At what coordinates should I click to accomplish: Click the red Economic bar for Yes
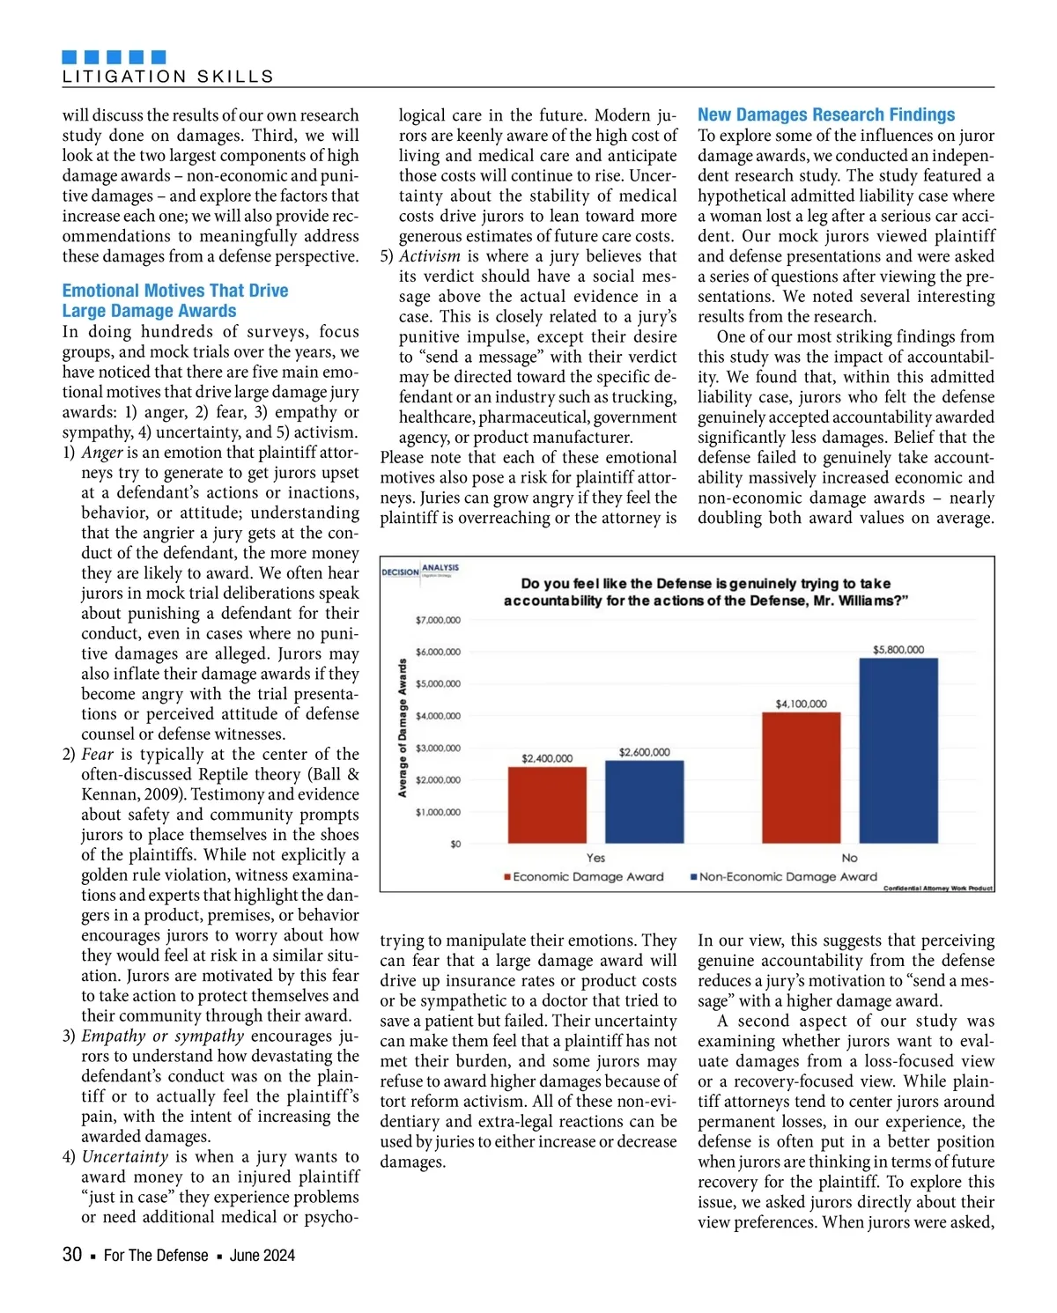click(547, 805)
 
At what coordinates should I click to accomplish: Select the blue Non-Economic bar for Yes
click(644, 801)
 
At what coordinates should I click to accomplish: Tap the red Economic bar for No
click(801, 778)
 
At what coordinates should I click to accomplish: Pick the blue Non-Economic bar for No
click(898, 750)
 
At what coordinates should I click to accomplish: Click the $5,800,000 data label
click(898, 650)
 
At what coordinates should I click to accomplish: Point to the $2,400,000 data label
click(547, 758)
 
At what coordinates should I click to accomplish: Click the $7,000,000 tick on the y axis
click(438, 620)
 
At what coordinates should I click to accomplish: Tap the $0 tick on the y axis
click(455, 844)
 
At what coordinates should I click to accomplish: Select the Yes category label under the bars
click(595, 858)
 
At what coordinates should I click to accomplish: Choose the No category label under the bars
click(849, 858)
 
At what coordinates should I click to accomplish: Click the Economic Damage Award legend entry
click(583, 877)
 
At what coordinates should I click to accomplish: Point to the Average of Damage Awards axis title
click(403, 727)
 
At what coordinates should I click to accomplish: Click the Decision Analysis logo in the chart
click(420, 571)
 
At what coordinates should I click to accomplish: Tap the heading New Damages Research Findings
click(825, 114)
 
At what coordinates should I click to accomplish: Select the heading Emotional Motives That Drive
click(174, 291)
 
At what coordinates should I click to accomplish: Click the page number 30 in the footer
click(72, 1255)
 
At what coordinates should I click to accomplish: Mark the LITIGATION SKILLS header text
click(168, 77)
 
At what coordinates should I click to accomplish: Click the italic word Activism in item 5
click(429, 256)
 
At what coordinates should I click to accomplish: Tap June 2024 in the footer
click(262, 1256)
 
